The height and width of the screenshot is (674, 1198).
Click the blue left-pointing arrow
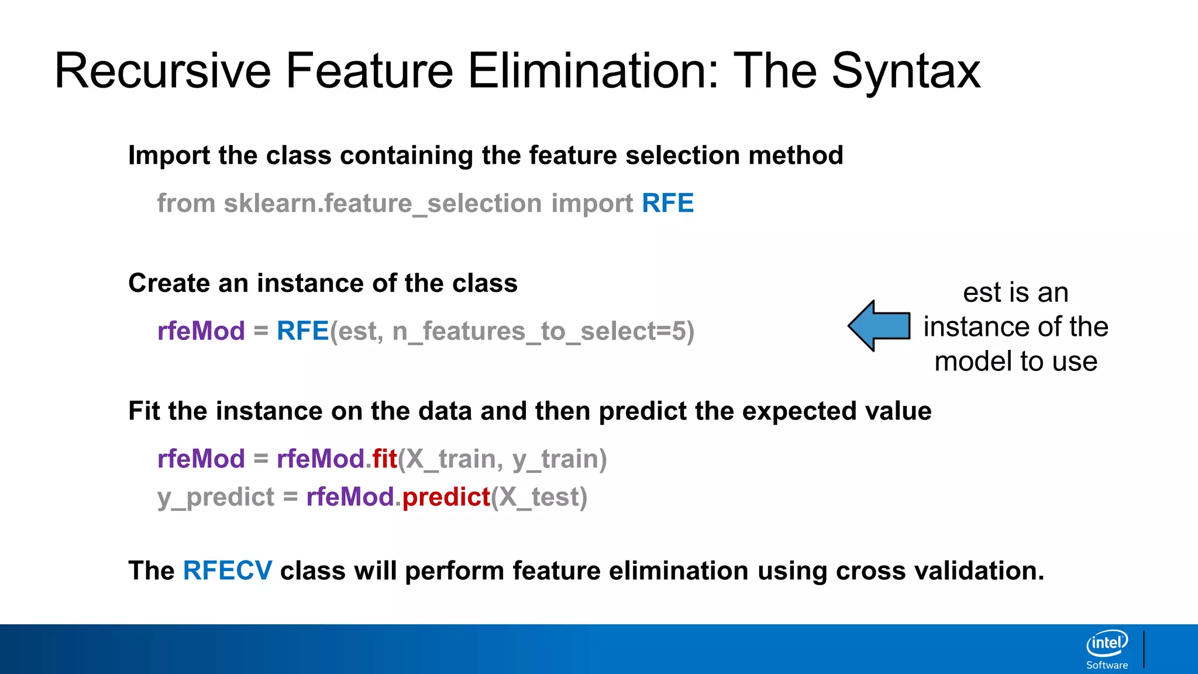[879, 326]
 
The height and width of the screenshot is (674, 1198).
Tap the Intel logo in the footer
[1107, 644]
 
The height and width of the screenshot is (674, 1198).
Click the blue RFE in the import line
[667, 204]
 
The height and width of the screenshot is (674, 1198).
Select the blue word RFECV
[228, 570]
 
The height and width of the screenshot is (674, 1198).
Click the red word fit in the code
[384, 459]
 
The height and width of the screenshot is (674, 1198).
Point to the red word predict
[446, 497]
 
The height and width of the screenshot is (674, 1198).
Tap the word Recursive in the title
[163, 71]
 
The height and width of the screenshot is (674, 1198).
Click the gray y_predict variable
[215, 498]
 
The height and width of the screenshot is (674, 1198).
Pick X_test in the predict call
[539, 498]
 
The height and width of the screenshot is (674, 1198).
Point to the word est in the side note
[982, 293]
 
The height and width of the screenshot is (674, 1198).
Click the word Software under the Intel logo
[1107, 665]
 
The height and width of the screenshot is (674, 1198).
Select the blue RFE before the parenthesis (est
[302, 331]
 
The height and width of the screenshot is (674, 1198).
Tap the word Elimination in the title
[593, 71]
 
